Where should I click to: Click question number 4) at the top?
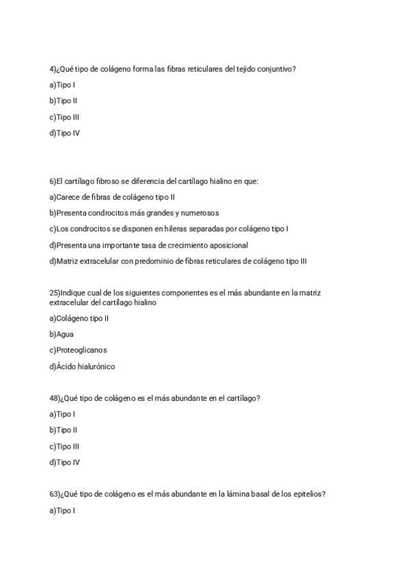(53, 68)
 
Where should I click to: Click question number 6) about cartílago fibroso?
(53, 181)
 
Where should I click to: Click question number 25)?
(55, 293)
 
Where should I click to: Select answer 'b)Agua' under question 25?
(61, 334)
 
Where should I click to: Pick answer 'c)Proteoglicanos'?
(78, 350)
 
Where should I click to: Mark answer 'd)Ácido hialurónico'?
(82, 367)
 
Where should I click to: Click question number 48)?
(55, 398)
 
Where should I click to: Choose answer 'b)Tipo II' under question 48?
(63, 430)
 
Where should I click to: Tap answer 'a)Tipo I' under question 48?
(61, 414)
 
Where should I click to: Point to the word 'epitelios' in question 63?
(308, 495)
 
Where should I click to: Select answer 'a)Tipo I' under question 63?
(61, 510)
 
